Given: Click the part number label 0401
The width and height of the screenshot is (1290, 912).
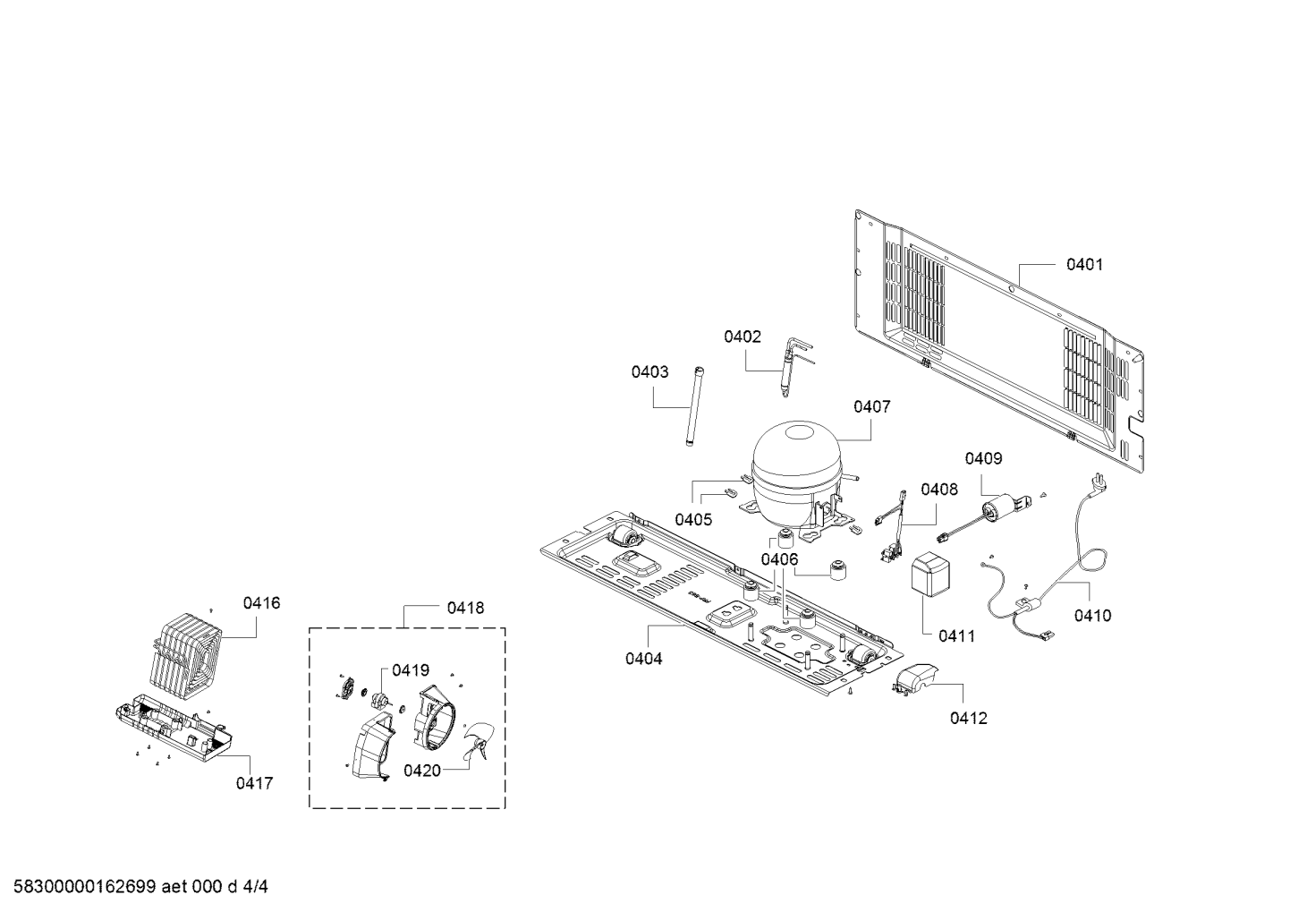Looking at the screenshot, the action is tap(1084, 264).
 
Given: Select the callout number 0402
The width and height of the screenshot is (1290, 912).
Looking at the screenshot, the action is tap(743, 337).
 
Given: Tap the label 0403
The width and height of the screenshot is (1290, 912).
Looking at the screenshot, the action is tap(649, 372).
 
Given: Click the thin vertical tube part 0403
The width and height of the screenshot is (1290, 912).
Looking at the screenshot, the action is tap(694, 405).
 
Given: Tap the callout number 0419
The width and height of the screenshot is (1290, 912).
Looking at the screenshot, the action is tap(411, 670).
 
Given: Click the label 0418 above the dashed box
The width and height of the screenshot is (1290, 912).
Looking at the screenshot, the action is tap(465, 608).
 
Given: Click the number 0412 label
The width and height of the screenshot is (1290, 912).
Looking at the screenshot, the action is tap(969, 718).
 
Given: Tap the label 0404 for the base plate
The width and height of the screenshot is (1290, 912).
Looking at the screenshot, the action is tap(644, 658).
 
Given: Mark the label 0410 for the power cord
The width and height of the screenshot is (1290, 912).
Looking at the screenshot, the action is tap(1092, 616).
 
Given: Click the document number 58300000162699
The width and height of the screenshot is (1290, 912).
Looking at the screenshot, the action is tap(85, 887).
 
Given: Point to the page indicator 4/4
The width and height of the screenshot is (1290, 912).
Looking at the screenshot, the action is tap(255, 887).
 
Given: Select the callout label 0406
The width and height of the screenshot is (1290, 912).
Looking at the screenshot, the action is tap(779, 559).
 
